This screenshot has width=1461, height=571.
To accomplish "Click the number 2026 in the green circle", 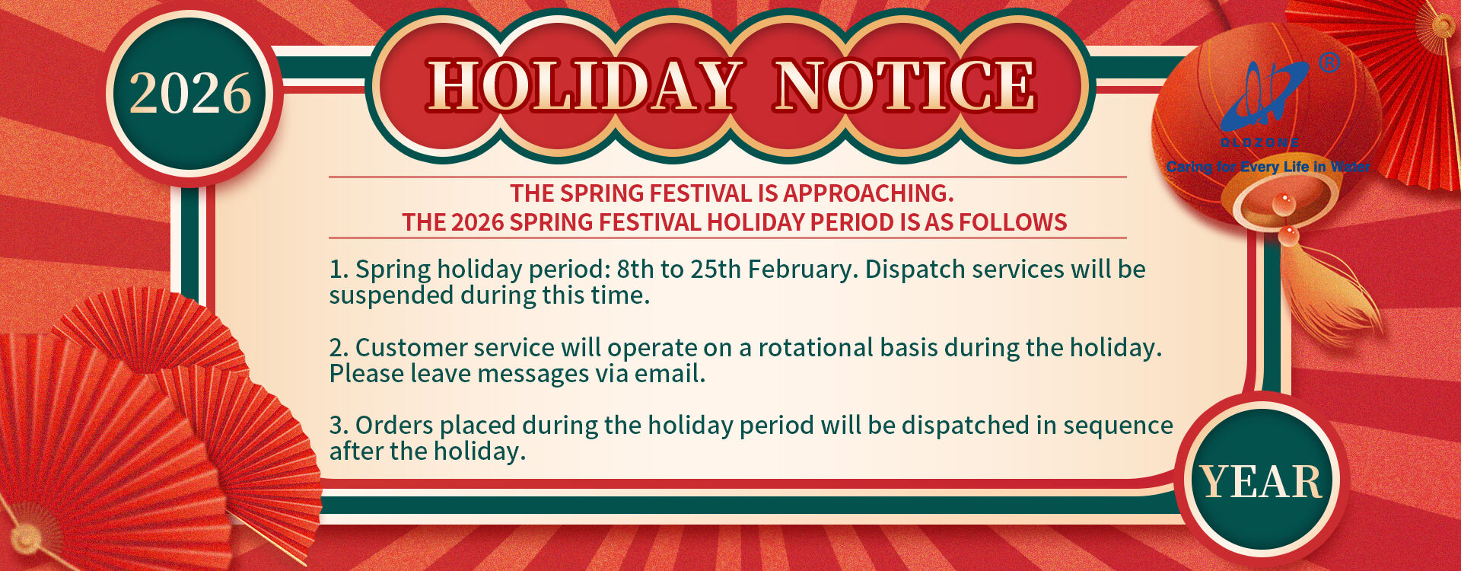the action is (x=190, y=94).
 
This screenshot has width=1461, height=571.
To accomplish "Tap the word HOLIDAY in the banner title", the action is (x=584, y=85).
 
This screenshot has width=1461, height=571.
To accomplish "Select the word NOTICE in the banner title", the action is (x=904, y=85).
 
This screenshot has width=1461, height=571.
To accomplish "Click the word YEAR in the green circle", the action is (x=1262, y=482).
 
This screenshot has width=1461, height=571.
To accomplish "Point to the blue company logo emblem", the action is (x=1264, y=95).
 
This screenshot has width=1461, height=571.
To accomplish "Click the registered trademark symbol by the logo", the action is (x=1329, y=62).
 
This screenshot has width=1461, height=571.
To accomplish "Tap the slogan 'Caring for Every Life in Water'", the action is (x=1268, y=167).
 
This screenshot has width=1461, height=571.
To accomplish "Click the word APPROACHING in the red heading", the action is (x=868, y=193).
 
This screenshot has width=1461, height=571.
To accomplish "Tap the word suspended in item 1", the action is (x=391, y=295).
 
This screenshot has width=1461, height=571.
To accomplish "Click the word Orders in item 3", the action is (x=394, y=426).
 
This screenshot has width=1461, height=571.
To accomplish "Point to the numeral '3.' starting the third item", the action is (x=339, y=426).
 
